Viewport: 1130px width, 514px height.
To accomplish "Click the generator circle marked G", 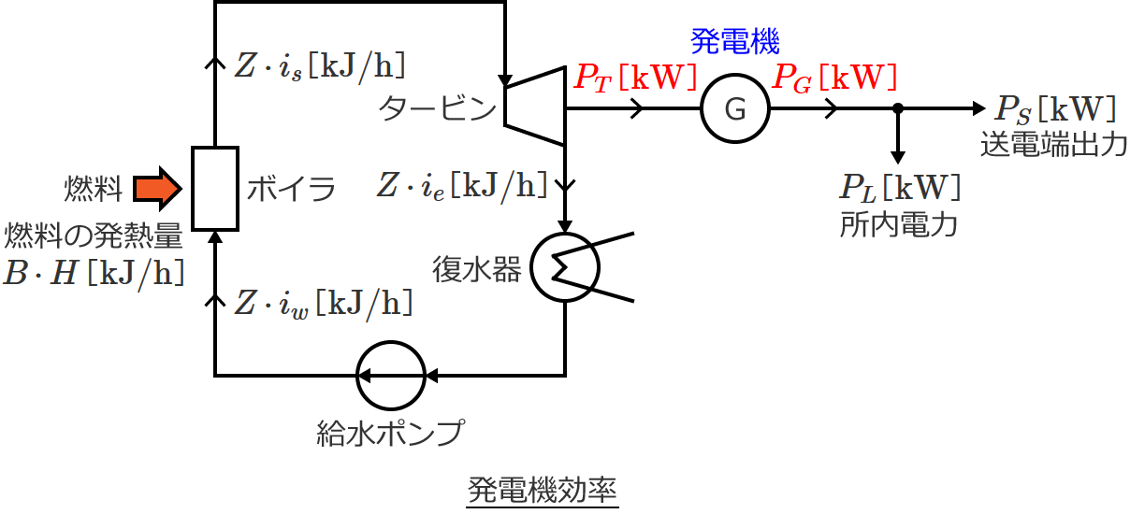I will pos(735,108).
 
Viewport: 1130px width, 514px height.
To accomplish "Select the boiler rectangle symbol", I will pos(214,188).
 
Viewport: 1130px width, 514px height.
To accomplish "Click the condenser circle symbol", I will pos(565,266).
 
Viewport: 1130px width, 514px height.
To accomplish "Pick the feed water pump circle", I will pos(390,376).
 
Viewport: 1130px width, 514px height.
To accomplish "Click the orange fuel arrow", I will pos(154,188).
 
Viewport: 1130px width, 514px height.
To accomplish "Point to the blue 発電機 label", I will pos(735,41).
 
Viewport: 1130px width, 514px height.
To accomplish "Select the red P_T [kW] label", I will pos(635,77).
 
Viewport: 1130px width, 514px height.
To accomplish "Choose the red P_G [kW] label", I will pos(834,77).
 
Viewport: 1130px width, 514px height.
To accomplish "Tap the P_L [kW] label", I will pos(899,188).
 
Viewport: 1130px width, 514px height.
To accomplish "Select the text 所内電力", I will pos(899,225).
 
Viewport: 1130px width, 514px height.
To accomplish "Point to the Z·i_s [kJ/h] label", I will pos(320,67).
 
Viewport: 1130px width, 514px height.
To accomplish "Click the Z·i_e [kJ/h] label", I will pos(462,185).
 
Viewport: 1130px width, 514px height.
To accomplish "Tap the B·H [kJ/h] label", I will pos(93,272).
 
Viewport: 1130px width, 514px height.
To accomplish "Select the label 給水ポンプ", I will pos(390,433).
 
